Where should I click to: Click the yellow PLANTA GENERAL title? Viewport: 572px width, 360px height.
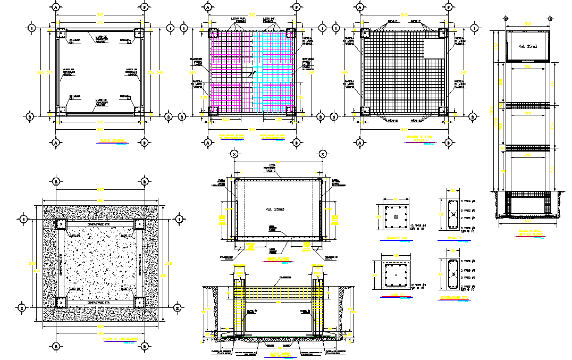[x=112, y=141]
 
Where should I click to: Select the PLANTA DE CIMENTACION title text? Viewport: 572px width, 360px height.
[x=121, y=339]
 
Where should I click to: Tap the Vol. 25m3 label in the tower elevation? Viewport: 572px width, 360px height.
[x=526, y=46]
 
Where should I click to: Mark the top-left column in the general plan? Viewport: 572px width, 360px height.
[x=60, y=33]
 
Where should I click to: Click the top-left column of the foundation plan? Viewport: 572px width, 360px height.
[x=61, y=224]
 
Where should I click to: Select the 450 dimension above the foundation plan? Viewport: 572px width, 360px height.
[x=99, y=200]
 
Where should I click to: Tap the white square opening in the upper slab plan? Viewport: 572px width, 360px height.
[x=434, y=49]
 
